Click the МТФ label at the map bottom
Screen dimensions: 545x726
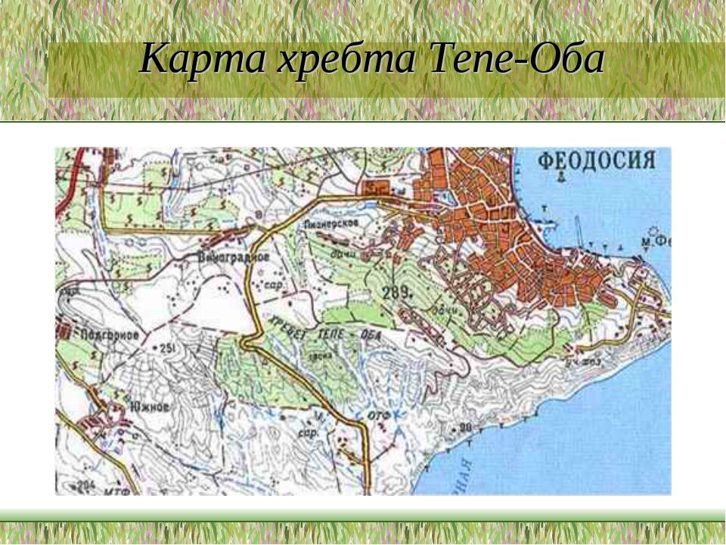click(113, 489)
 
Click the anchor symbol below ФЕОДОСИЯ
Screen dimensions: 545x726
click(562, 178)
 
